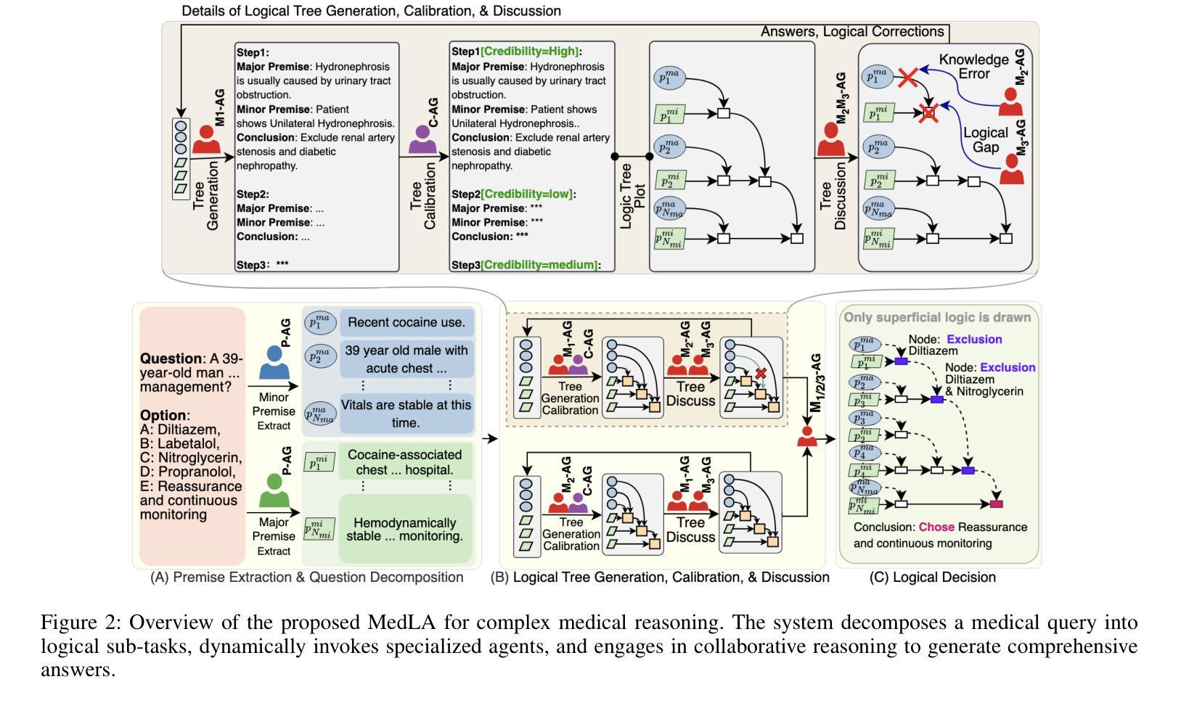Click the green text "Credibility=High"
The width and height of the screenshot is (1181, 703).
point(530,52)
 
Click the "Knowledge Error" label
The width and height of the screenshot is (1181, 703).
point(974,66)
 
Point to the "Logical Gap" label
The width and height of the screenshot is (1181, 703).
point(985,140)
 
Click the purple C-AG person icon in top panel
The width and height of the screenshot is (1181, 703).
point(423,139)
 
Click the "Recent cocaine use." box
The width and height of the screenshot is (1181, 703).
point(406,322)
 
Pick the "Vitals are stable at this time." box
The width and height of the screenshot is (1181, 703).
point(406,414)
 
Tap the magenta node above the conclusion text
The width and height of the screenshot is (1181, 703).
point(996,503)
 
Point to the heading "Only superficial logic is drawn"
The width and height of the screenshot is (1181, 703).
point(936,318)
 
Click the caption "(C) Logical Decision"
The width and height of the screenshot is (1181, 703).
point(932,577)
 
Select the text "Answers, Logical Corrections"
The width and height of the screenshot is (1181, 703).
point(851,32)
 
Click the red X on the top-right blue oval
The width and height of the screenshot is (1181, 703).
point(907,78)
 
